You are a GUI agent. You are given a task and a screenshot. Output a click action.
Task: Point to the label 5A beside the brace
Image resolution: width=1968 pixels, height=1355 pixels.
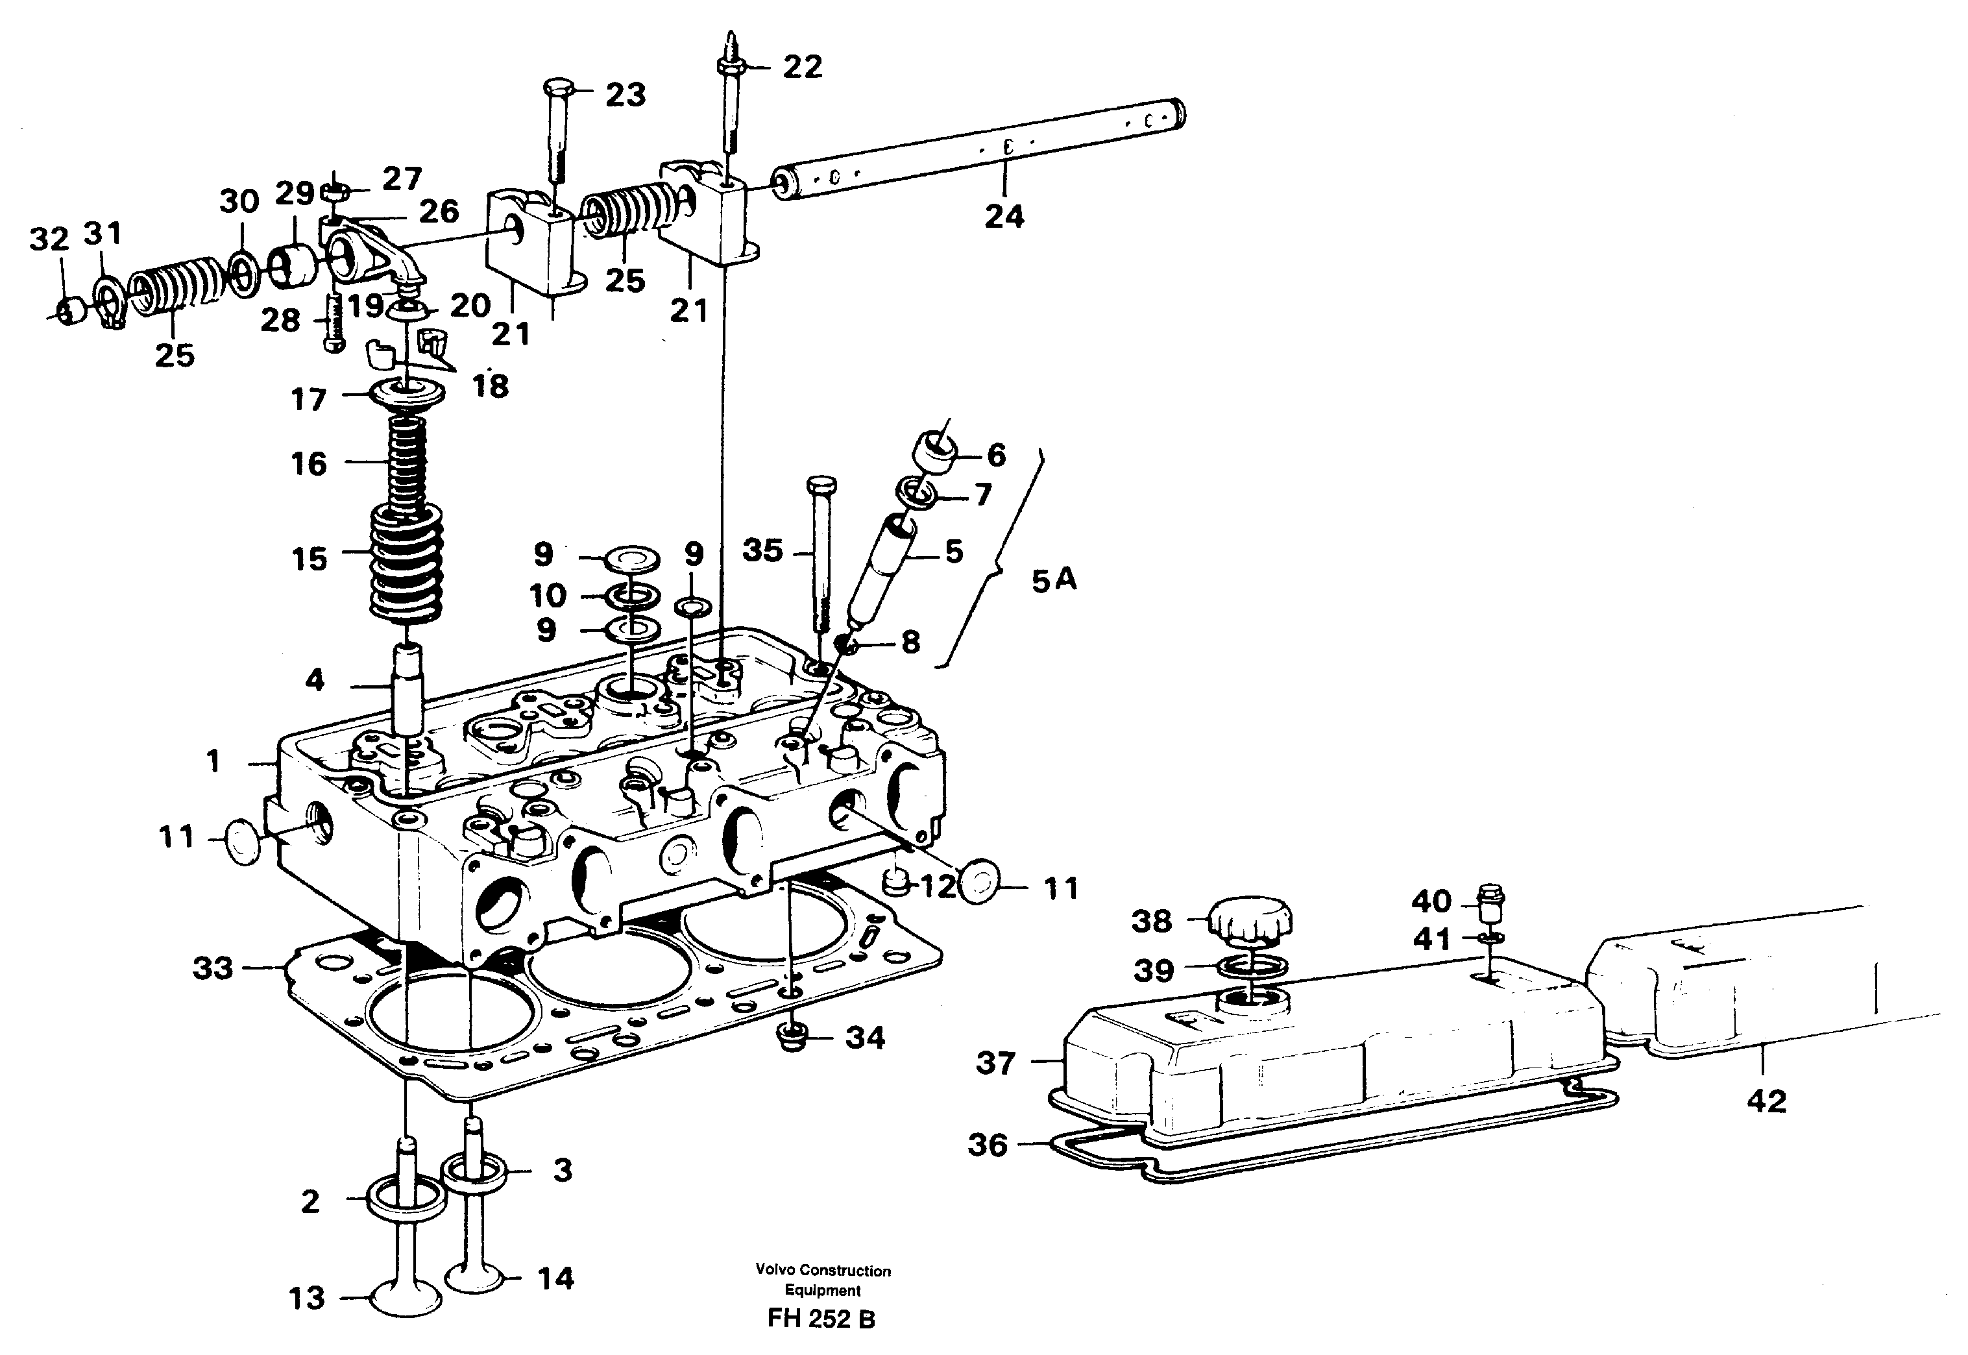pos(1053,580)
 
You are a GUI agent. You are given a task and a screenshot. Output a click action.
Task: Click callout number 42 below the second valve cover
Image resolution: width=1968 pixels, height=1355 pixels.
pos(1766,1101)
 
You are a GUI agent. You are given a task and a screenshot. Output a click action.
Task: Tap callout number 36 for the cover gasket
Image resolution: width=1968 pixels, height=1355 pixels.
pos(988,1145)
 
